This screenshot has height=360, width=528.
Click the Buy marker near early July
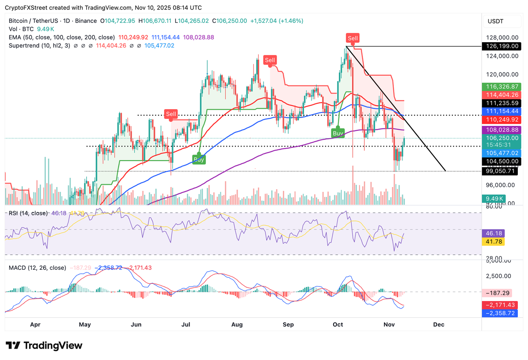point(199,159)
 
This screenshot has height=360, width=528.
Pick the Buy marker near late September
point(337,132)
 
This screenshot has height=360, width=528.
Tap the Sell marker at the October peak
point(352,38)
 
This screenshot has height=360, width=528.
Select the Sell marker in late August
point(270,60)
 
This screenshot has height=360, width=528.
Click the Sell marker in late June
point(171,114)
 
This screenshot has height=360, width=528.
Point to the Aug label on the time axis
point(237,324)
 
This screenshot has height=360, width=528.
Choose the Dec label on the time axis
point(439,324)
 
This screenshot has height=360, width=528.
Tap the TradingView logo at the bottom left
point(44,345)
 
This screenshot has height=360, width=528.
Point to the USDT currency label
point(495,21)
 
